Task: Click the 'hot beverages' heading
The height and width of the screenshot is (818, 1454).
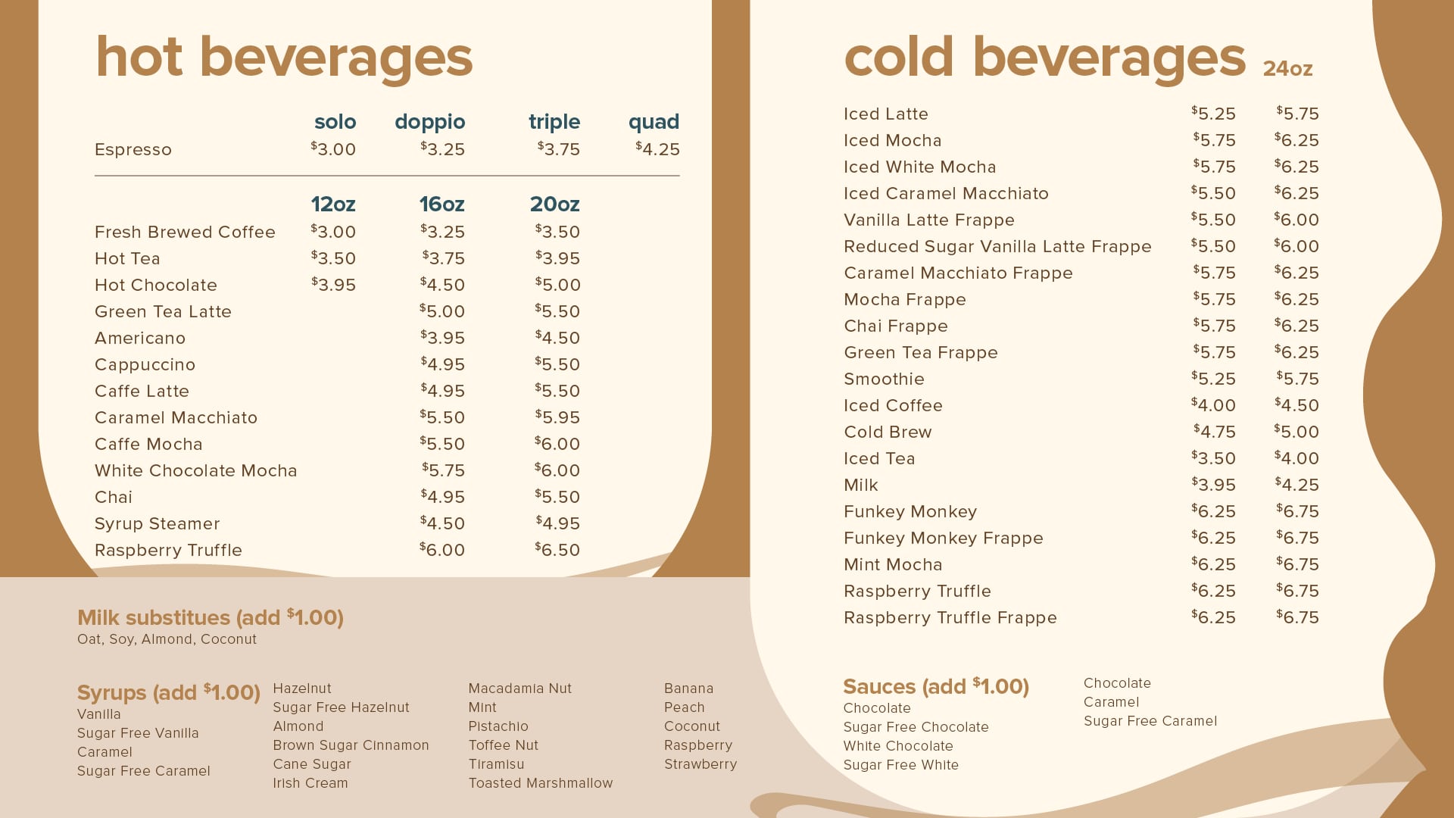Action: coord(284,58)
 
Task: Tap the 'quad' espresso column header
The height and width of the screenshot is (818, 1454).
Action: coord(654,122)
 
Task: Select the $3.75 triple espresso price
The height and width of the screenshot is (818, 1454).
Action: coord(559,149)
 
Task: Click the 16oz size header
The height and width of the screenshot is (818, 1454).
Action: coord(442,204)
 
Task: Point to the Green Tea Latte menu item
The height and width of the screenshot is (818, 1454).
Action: coord(163,311)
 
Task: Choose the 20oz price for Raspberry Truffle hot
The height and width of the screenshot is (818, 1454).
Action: coord(557,550)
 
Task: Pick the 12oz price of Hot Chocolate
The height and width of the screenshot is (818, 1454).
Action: coord(333,285)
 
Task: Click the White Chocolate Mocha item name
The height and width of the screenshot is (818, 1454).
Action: coord(195,470)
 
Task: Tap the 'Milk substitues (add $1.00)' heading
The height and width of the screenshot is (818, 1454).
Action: coord(211,617)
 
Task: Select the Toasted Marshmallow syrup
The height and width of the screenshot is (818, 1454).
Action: coord(541,783)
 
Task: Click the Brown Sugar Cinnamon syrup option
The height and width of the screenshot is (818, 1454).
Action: coord(351,745)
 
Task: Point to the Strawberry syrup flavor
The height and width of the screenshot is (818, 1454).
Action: coord(700,764)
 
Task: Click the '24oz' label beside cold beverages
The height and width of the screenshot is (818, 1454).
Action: coord(1287,69)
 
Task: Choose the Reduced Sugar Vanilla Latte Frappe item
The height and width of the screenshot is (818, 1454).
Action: coord(997,246)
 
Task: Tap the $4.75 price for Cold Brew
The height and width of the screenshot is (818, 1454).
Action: coord(1214,432)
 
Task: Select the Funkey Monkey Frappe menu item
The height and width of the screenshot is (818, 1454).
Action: coord(944,538)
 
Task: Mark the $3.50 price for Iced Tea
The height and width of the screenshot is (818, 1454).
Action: coord(1213,458)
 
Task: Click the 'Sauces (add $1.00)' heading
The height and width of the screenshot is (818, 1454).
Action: coord(936,687)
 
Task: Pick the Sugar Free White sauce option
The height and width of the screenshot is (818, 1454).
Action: coord(901,765)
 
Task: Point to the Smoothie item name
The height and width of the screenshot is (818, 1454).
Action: coord(884,379)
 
